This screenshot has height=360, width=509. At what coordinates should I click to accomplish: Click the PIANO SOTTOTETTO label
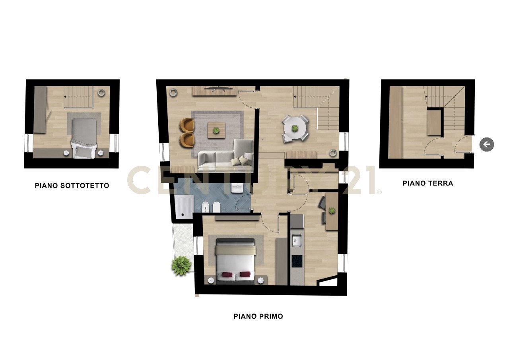pos(72,186)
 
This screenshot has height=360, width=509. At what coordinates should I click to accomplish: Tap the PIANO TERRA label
pos(427,183)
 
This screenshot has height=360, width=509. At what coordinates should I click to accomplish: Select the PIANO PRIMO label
pos(258,316)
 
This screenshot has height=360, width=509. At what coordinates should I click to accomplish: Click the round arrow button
pos(487,144)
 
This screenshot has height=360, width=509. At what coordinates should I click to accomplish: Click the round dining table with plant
pos(295,128)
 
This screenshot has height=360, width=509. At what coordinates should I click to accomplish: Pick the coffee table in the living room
pos(216,130)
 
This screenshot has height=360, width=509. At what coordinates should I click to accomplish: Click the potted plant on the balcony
pos(181,265)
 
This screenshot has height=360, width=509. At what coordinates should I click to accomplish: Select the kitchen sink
pos(296,240)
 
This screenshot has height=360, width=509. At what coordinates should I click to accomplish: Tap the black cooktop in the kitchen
pos(297,261)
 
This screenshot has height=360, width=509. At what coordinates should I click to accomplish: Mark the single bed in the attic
pos(84,137)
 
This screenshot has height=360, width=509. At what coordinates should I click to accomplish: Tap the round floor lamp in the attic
pos(101,93)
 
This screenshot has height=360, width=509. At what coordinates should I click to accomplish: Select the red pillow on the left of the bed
pos(226,274)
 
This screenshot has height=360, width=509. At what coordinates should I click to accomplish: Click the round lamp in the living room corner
pos(173,93)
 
